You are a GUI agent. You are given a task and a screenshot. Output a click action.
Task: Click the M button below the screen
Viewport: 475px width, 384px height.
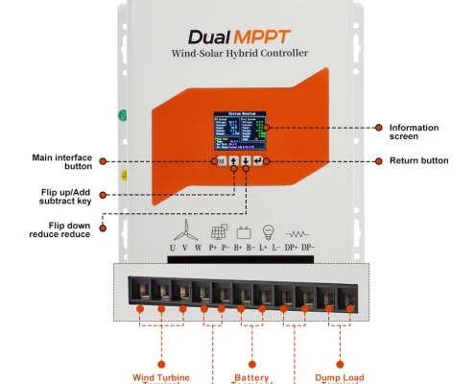click(x=221, y=161)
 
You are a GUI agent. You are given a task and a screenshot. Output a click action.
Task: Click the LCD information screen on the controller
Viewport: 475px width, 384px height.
click(x=239, y=132)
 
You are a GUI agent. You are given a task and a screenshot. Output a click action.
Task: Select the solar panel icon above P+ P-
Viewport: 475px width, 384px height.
click(x=220, y=231)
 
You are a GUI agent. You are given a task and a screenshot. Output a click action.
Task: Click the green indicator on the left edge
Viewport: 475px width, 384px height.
click(x=123, y=116)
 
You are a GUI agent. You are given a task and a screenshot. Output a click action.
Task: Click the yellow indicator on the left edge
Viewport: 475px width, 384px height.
click(x=123, y=175)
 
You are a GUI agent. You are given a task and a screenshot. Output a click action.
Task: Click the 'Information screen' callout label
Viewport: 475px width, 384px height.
click(x=415, y=132)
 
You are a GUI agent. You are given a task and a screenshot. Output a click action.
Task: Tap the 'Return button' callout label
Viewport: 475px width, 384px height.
click(x=418, y=160)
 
